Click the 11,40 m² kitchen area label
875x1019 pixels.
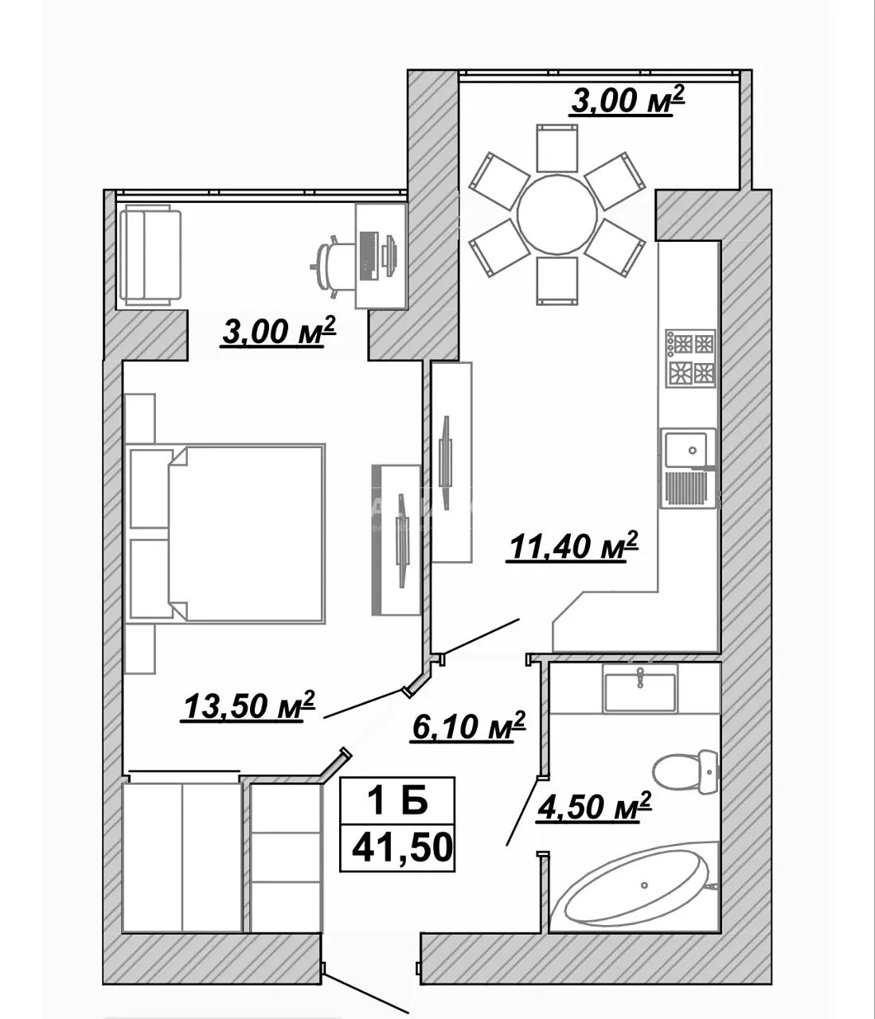(x=573, y=546)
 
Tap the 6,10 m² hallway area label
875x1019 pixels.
(x=468, y=726)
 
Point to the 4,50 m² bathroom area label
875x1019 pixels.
(x=594, y=806)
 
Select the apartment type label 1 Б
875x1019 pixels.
(x=398, y=801)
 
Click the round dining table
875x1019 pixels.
(x=557, y=214)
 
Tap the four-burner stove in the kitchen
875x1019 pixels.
(x=690, y=358)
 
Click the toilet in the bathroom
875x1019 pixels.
(x=686, y=771)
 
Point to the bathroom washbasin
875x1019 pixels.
(x=640, y=689)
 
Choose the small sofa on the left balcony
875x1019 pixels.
(x=150, y=256)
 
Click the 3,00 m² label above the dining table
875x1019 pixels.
(x=627, y=100)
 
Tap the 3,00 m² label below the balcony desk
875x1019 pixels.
(x=279, y=331)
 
